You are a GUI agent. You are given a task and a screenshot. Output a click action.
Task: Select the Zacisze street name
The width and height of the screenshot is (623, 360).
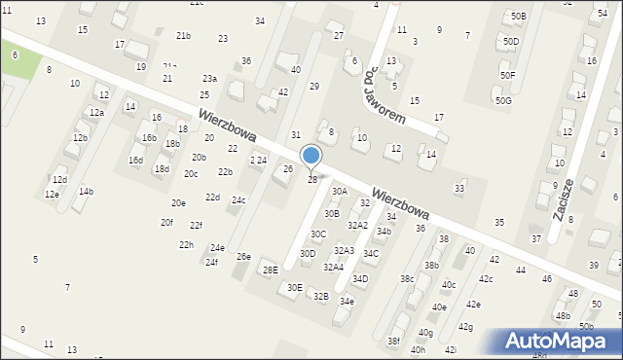click(561, 200)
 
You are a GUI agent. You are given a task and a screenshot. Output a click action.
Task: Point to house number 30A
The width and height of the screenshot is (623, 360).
click(339, 192)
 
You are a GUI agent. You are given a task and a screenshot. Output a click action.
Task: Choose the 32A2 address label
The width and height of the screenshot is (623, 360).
click(357, 225)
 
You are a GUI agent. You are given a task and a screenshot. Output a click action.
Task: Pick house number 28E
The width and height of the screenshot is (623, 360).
click(271, 270)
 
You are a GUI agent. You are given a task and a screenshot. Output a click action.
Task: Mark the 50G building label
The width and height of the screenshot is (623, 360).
click(502, 100)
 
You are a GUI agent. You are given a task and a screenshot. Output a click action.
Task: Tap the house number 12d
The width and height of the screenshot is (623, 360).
click(59, 180)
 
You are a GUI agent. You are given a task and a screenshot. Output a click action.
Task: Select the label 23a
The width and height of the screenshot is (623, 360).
click(209, 78)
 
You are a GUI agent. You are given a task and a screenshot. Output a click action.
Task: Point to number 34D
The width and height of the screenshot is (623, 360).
click(360, 279)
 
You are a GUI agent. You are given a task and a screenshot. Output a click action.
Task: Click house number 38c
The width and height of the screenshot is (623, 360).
click(407, 279)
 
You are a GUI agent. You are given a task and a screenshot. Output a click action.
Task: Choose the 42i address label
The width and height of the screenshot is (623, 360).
click(450, 349)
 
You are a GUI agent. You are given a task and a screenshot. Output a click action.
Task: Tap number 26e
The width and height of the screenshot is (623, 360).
click(243, 256)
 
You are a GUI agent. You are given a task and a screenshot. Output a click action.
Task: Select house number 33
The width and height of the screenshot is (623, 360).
click(459, 188)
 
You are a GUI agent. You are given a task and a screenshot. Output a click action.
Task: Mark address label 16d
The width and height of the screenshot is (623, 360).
click(135, 160)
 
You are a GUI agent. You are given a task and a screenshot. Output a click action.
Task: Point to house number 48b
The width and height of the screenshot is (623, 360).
click(563, 315)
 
